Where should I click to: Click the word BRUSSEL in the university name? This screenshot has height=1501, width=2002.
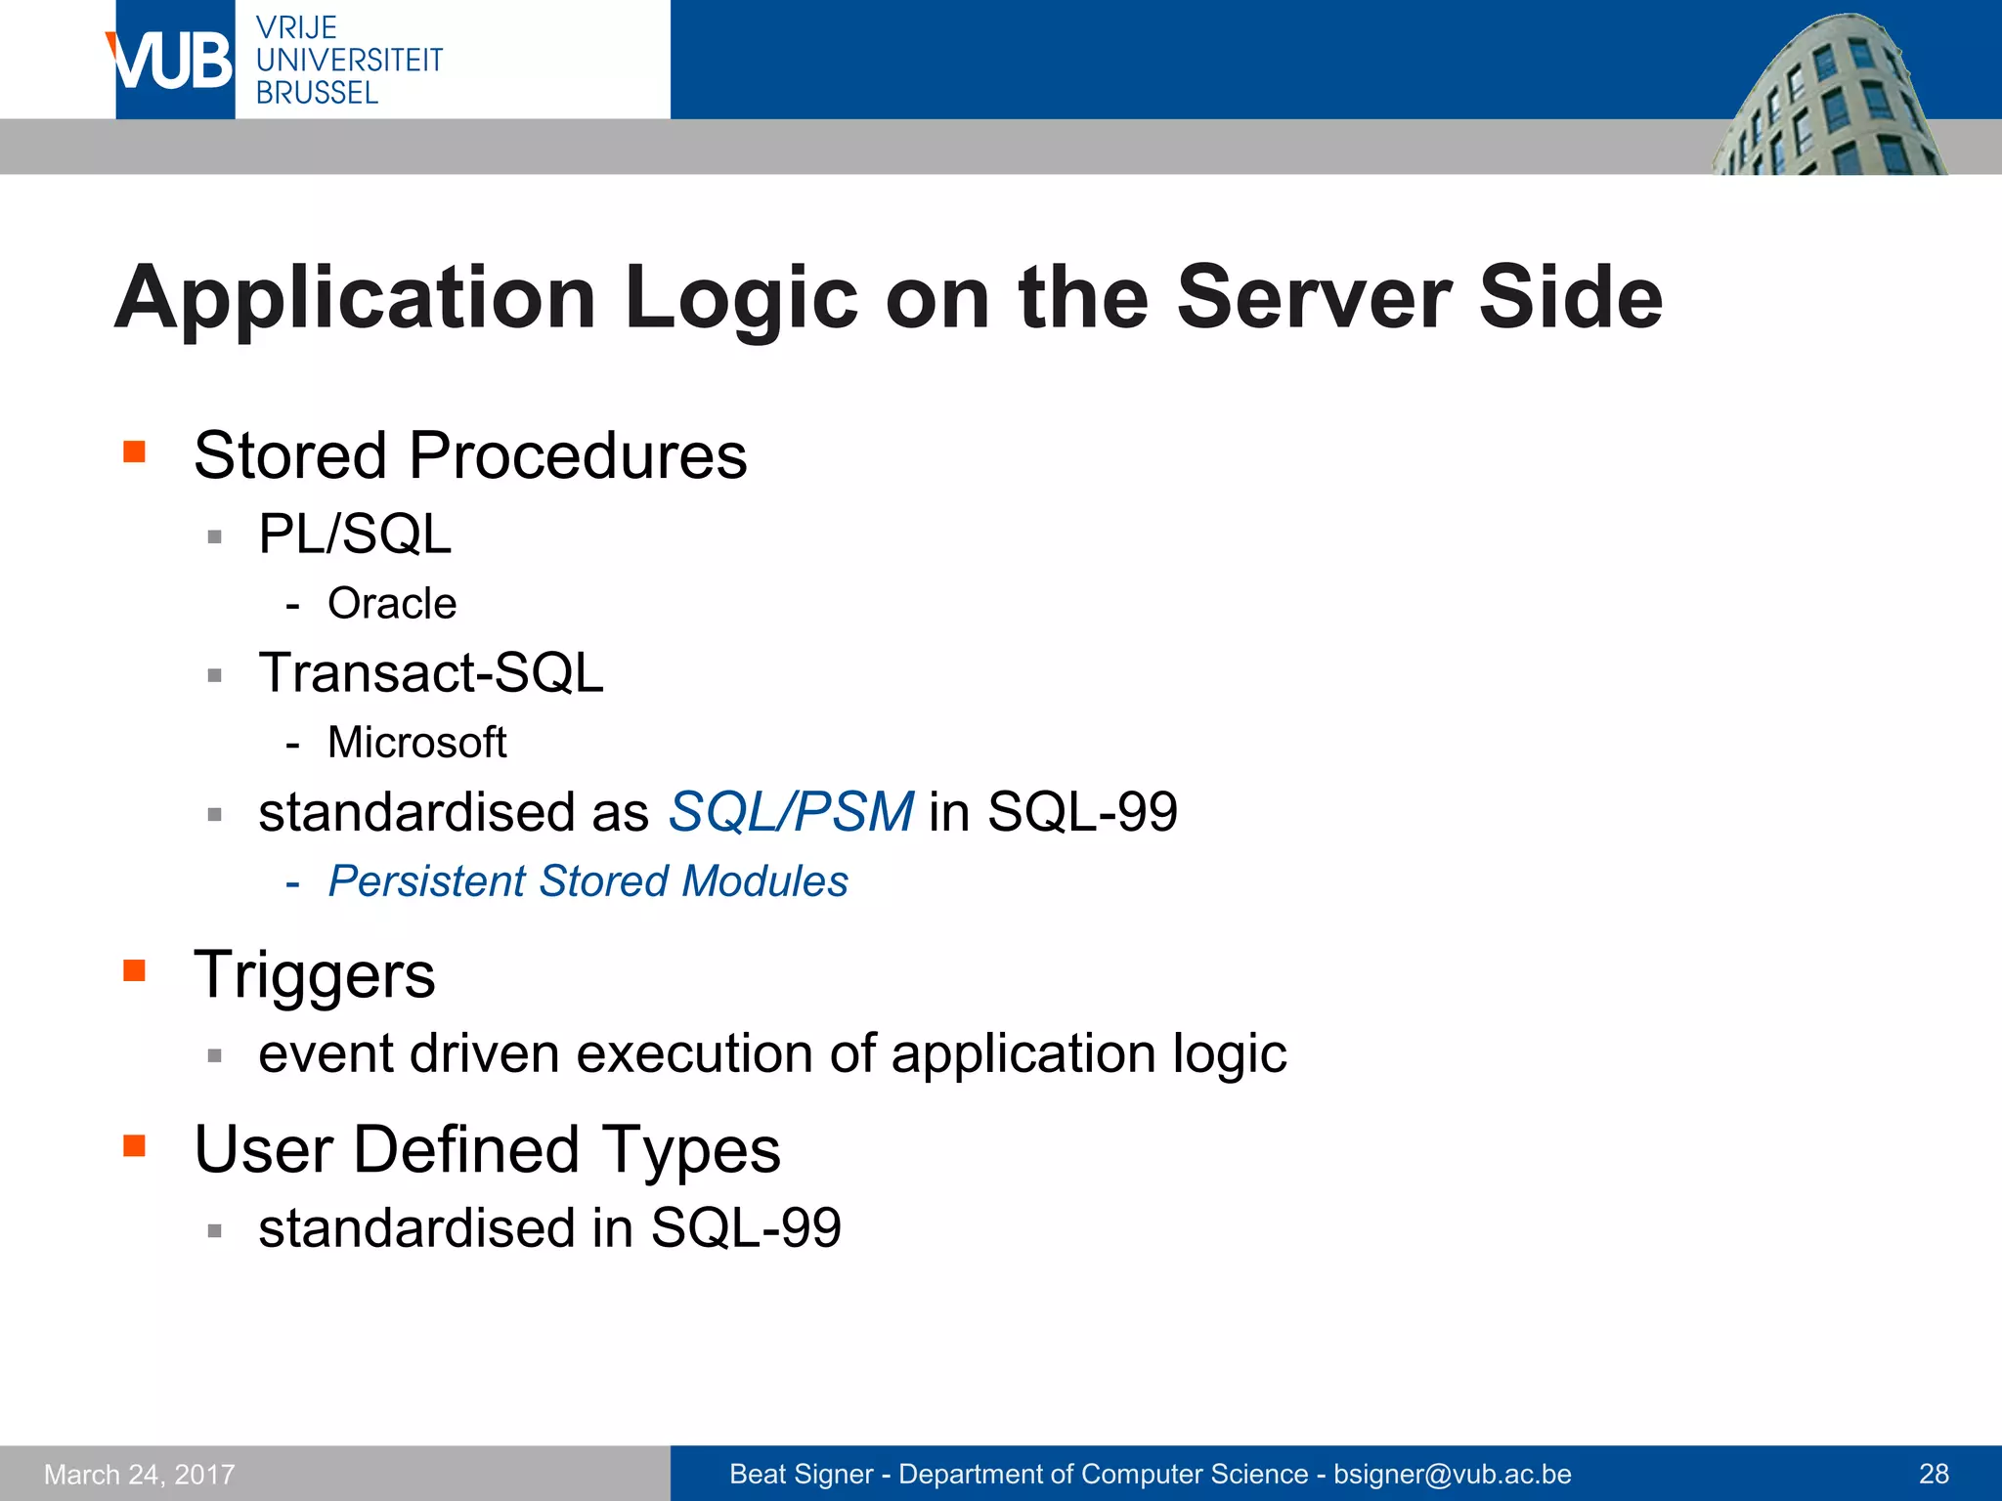pyautogui.click(x=317, y=93)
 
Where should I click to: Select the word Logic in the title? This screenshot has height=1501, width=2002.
pyautogui.click(x=741, y=298)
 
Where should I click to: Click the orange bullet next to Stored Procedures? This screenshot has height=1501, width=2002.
pyautogui.click(x=134, y=451)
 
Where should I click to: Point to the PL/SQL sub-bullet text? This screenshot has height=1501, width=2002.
pyautogui.click(x=355, y=535)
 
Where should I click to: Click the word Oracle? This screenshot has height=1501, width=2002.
pyautogui.click(x=392, y=604)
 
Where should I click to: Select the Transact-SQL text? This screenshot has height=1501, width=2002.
pyautogui.click(x=431, y=673)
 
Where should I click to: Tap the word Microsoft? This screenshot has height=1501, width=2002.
pyautogui.click(x=417, y=743)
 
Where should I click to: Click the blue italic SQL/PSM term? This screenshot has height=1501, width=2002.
pyautogui.click(x=790, y=812)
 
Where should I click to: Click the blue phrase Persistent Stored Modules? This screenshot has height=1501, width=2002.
pyautogui.click(x=588, y=881)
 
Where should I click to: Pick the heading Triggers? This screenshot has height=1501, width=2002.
pyautogui.click(x=315, y=975)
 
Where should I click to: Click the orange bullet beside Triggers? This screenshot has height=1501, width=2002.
pyautogui.click(x=134, y=970)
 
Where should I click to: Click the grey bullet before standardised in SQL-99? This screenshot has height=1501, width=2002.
pyautogui.click(x=215, y=1230)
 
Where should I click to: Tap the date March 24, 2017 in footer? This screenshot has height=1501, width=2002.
pyautogui.click(x=140, y=1474)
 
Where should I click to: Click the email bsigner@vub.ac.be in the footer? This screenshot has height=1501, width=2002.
pyautogui.click(x=1452, y=1474)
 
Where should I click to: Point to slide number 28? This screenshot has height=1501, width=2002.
pyautogui.click(x=1934, y=1474)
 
